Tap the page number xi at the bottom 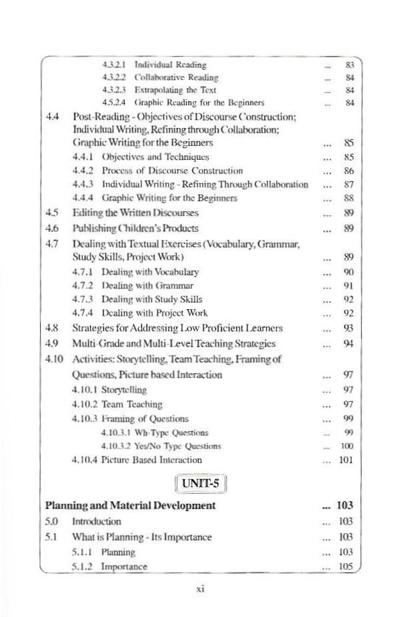pyautogui.click(x=199, y=590)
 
